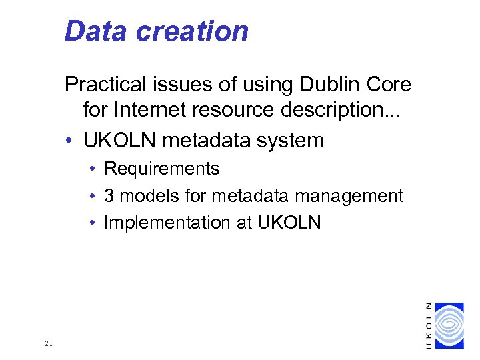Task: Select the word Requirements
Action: (162, 169)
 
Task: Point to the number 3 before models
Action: (109, 196)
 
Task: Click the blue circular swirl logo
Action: (448, 325)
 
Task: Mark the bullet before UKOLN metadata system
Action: (69, 141)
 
